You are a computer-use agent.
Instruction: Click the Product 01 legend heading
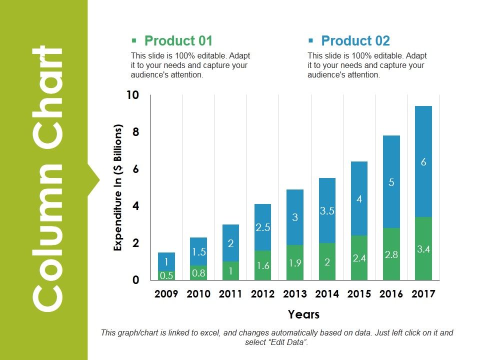pos(178,41)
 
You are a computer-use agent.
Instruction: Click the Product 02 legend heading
pos(355,41)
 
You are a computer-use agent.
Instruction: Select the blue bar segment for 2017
pos(423,161)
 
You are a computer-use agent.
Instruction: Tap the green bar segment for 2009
pos(166,275)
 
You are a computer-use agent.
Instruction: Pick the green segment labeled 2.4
pos(359,257)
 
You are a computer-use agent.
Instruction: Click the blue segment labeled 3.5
pos(327,210)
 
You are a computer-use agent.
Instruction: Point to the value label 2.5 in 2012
pos(263,227)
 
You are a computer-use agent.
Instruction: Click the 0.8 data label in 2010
pos(198,273)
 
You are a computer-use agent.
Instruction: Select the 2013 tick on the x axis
pos(295,294)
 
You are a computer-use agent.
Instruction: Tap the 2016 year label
pos(391,294)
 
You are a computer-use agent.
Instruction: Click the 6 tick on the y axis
pos(135,169)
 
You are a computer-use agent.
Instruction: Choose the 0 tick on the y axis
pos(135,280)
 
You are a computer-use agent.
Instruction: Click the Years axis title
pos(303,314)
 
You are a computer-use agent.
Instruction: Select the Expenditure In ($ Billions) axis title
pos(118,188)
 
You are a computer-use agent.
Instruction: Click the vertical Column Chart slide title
pos(48,177)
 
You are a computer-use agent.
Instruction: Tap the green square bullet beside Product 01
pos(133,41)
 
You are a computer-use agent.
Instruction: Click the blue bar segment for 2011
pos(230,243)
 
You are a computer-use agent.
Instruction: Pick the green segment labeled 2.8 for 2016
pos(391,254)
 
